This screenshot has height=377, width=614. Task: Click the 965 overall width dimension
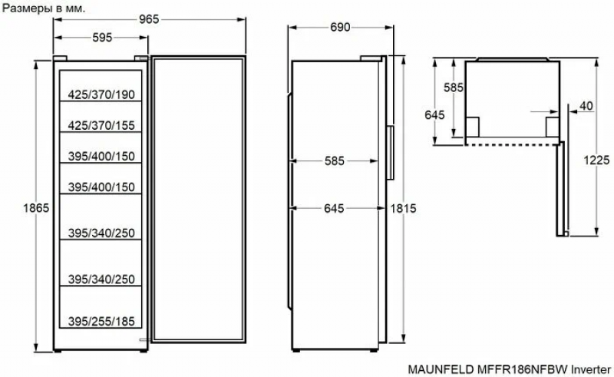click(149, 19)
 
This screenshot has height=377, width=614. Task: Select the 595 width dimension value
click(102, 38)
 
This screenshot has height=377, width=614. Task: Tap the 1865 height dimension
click(36, 208)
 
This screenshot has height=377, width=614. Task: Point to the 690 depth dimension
click(340, 28)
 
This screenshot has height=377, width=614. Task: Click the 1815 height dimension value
click(403, 209)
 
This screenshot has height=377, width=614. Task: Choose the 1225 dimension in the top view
click(596, 160)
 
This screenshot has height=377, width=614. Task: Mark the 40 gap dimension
click(586, 106)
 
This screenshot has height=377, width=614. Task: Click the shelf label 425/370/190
click(101, 94)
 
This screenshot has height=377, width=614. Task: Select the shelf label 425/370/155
click(101, 125)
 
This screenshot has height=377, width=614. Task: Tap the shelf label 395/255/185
click(101, 322)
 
